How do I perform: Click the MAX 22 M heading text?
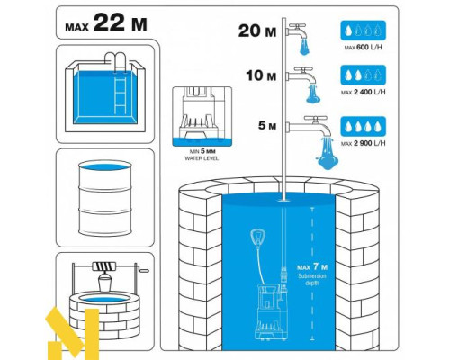[x=106, y=23]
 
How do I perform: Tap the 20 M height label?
[x=257, y=31]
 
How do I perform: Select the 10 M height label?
[x=261, y=76]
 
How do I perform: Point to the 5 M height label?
[x=267, y=126]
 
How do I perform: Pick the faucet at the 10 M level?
[x=301, y=76]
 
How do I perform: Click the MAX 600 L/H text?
[x=363, y=48]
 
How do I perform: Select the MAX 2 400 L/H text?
[x=363, y=92]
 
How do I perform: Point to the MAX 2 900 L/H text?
[x=363, y=143]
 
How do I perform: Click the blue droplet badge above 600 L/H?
[x=363, y=31]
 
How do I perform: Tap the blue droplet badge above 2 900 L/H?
[x=363, y=127]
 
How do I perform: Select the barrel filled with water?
[x=105, y=199]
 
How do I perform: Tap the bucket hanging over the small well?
[x=104, y=283]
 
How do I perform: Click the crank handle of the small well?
[x=141, y=268]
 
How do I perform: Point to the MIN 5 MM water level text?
[x=202, y=155]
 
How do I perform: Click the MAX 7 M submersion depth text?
[x=312, y=274]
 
